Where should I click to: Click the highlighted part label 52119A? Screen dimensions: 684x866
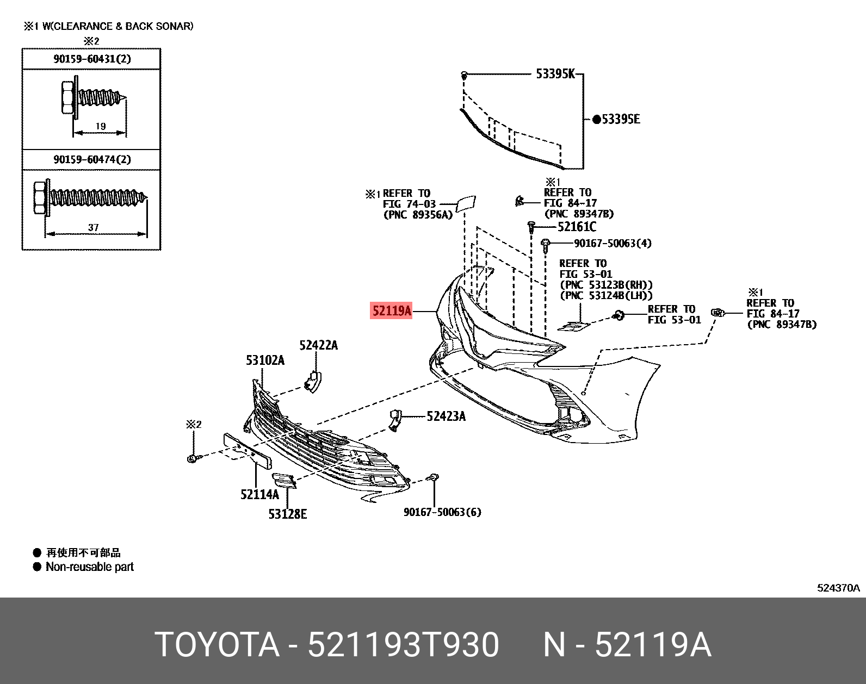coord(391,311)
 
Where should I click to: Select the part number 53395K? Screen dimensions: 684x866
coord(555,74)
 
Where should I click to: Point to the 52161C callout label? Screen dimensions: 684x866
coord(577,227)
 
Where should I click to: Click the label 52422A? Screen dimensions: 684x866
coord(318,345)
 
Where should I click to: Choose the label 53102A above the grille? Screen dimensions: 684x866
coord(265,360)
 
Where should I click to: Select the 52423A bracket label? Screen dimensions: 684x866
coord(446,416)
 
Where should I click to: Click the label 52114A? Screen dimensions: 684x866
coord(259,494)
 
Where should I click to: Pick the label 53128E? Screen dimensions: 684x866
coord(287,514)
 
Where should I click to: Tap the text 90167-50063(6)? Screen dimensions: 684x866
coord(442,512)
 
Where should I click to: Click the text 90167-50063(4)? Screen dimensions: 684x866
coord(613,243)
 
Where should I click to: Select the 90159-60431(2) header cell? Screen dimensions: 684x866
coord(92,59)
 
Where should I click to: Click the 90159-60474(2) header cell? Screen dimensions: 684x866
coord(92,159)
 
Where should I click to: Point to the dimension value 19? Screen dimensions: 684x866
coord(101,126)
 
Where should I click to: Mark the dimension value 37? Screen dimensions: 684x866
coord(93,227)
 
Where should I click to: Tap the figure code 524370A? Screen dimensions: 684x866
coord(838,588)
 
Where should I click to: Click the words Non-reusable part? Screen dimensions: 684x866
coord(90,567)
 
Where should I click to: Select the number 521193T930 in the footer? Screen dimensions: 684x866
coord(403,645)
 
